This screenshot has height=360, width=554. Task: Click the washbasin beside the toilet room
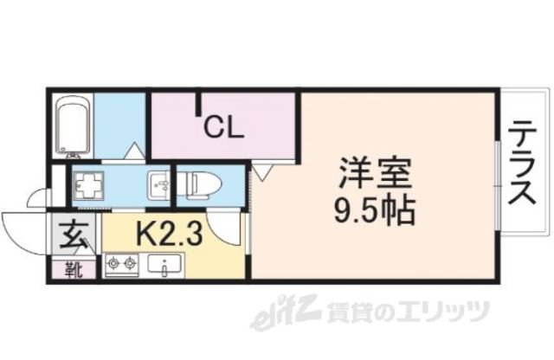click(160, 184)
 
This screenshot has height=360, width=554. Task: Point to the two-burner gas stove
click(121, 263)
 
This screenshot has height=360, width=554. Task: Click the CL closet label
click(223, 130)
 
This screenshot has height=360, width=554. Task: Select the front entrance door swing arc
click(22, 227)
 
